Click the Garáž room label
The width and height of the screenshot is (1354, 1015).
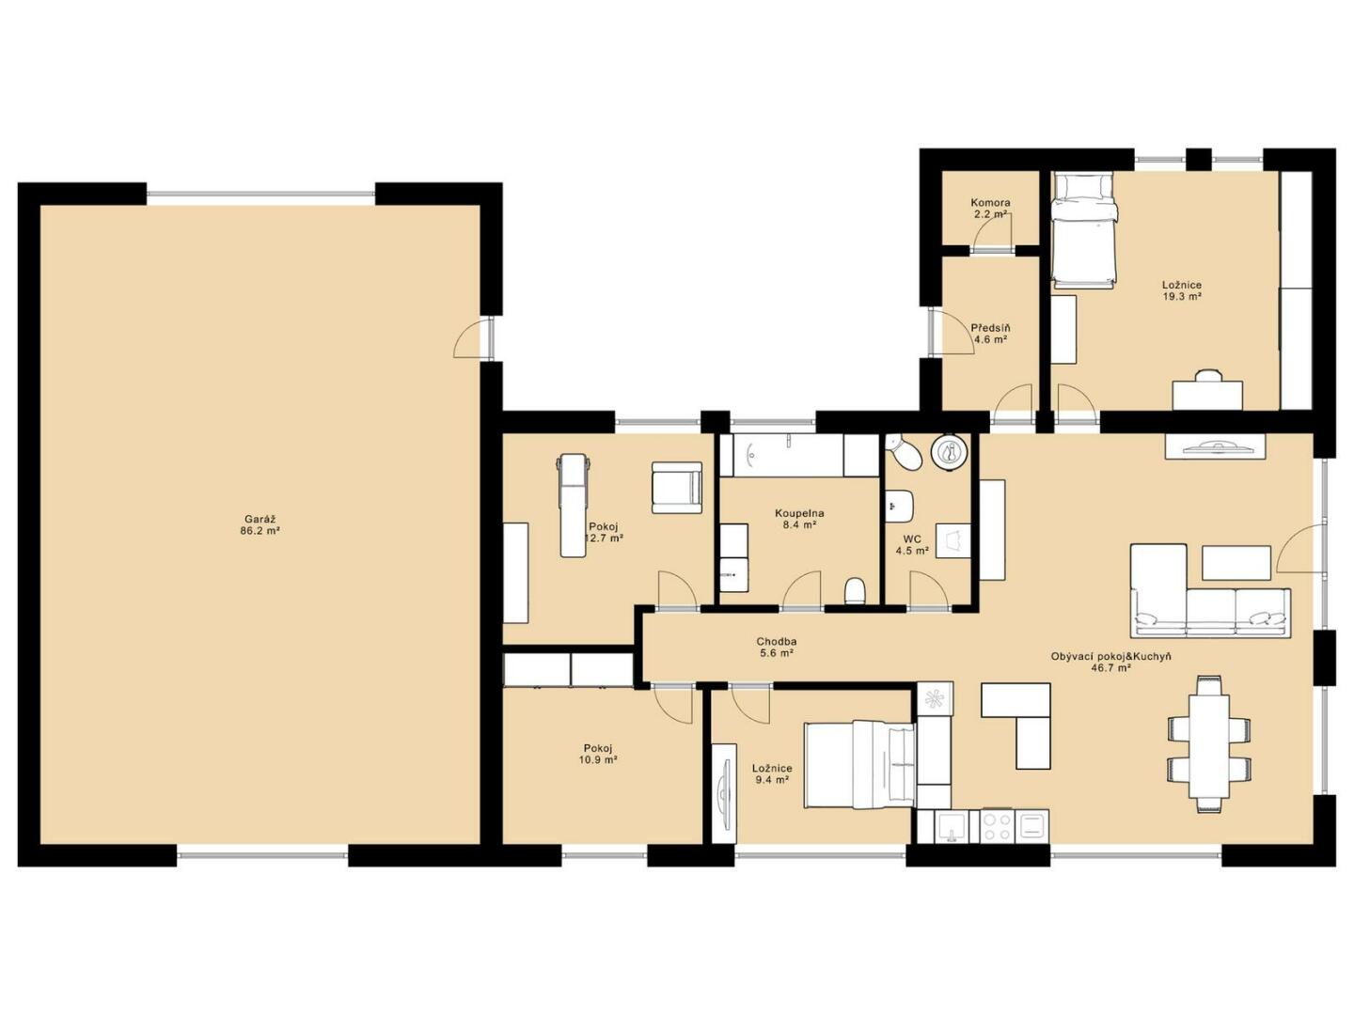pyautogui.click(x=260, y=519)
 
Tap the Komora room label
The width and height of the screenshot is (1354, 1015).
pyautogui.click(x=990, y=202)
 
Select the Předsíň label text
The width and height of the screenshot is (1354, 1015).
pyautogui.click(x=990, y=328)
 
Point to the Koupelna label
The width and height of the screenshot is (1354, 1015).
pyautogui.click(x=799, y=513)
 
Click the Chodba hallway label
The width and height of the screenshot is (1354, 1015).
pyautogui.click(x=776, y=641)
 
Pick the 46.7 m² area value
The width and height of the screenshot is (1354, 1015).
pyautogui.click(x=1111, y=667)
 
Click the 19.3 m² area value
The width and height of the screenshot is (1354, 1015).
pyautogui.click(x=1182, y=296)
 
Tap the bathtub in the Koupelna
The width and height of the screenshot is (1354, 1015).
pyautogui.click(x=781, y=455)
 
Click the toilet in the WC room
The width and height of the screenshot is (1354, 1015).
pyautogui.click(x=903, y=451)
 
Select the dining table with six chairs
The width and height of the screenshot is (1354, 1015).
pyautogui.click(x=1209, y=744)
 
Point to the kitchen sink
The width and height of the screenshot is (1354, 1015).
pyautogui.click(x=952, y=827)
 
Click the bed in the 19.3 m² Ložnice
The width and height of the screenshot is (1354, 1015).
pyautogui.click(x=1085, y=230)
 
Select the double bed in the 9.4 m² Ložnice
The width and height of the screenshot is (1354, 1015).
pyautogui.click(x=859, y=765)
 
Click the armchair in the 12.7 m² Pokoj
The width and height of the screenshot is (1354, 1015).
pyautogui.click(x=677, y=488)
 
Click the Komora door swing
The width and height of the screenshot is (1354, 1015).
pyautogui.click(x=991, y=230)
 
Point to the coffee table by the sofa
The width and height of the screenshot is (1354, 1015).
pyautogui.click(x=1236, y=563)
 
